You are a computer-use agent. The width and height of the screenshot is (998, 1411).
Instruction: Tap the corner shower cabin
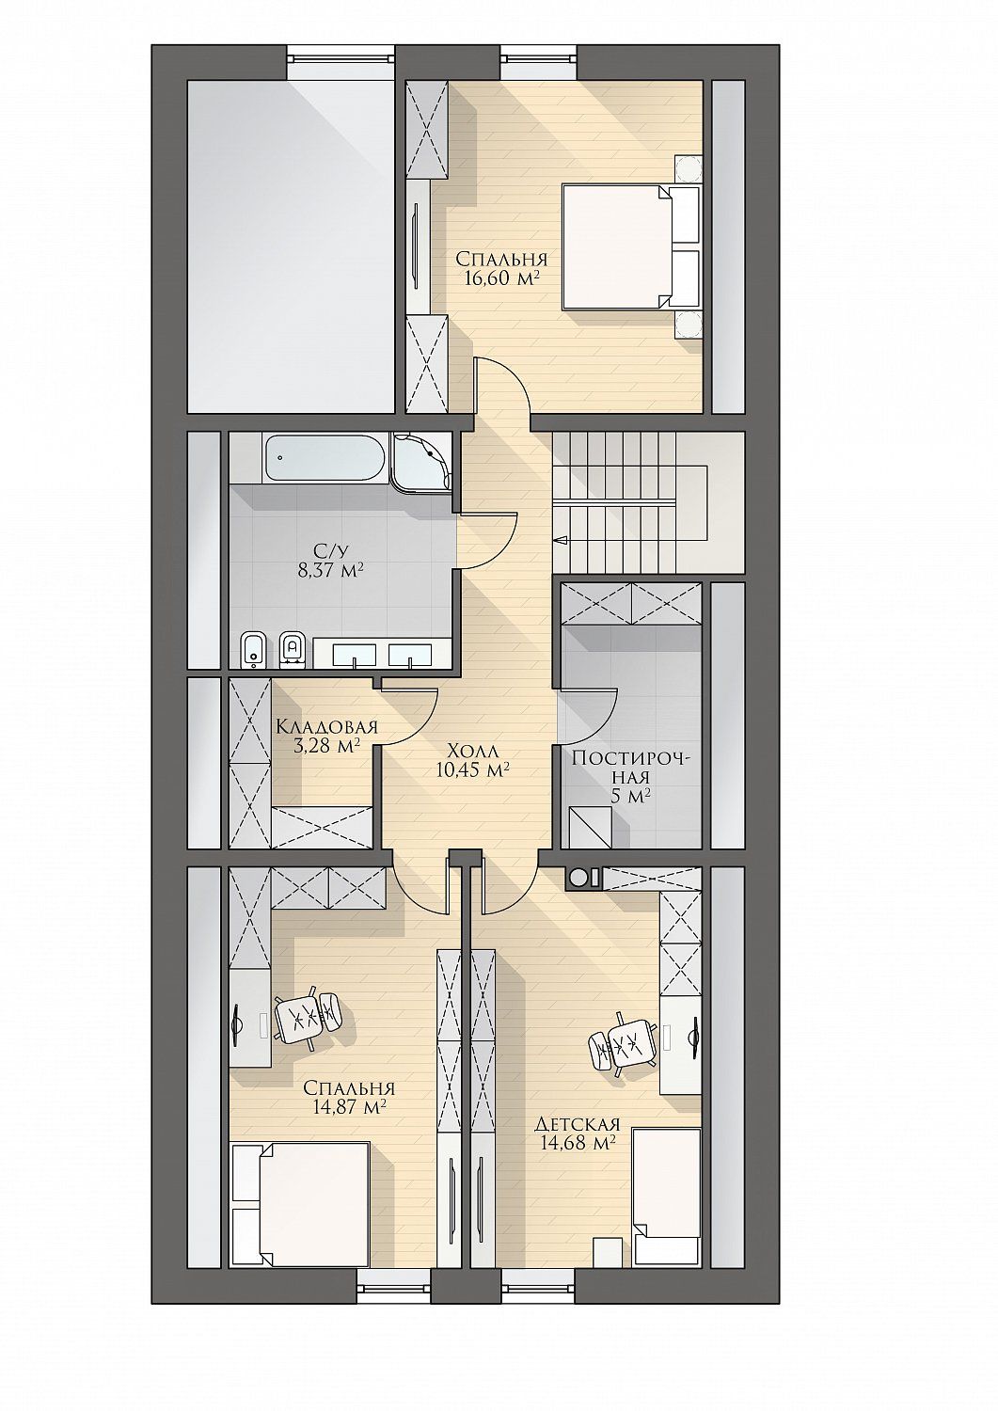tap(420, 461)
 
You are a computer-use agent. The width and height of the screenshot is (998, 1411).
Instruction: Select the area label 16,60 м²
tap(503, 278)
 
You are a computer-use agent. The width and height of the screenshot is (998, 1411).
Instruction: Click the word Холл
tap(472, 751)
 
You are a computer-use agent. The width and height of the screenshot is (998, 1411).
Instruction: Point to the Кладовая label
tap(327, 727)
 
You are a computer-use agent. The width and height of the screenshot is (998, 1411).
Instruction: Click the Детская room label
tap(578, 1124)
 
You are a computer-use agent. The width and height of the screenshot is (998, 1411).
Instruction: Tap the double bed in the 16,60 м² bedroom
tap(630, 246)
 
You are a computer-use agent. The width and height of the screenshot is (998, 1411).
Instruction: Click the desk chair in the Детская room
tap(623, 1046)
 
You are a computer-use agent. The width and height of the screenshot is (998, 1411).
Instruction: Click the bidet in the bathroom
tap(253, 653)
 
